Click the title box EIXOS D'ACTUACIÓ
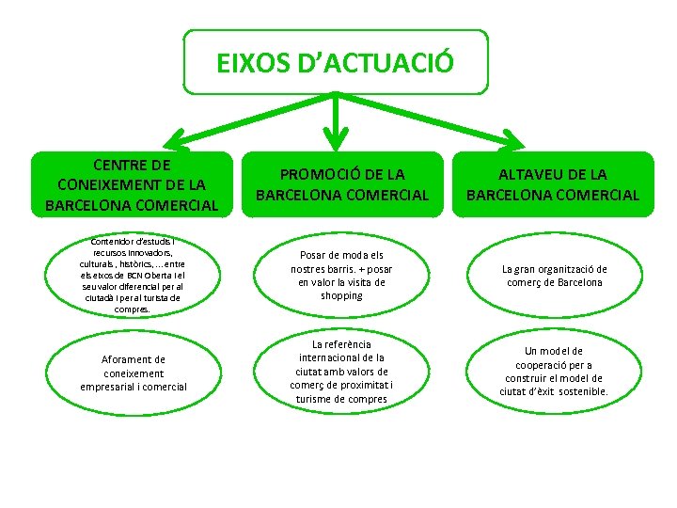[x=336, y=62]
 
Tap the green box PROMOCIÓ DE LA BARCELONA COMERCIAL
[x=342, y=184]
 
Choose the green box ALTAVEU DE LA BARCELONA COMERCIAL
[x=553, y=184]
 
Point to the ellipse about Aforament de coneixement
[x=133, y=373]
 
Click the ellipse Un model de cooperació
[x=554, y=372]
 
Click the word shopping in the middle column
[x=341, y=295]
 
